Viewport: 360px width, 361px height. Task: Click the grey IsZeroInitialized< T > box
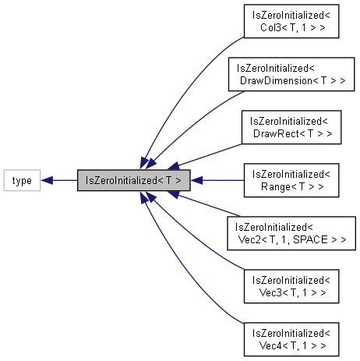coord(134,180)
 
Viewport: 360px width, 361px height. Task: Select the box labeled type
coord(23,180)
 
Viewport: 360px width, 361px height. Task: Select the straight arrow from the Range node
coord(222,180)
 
